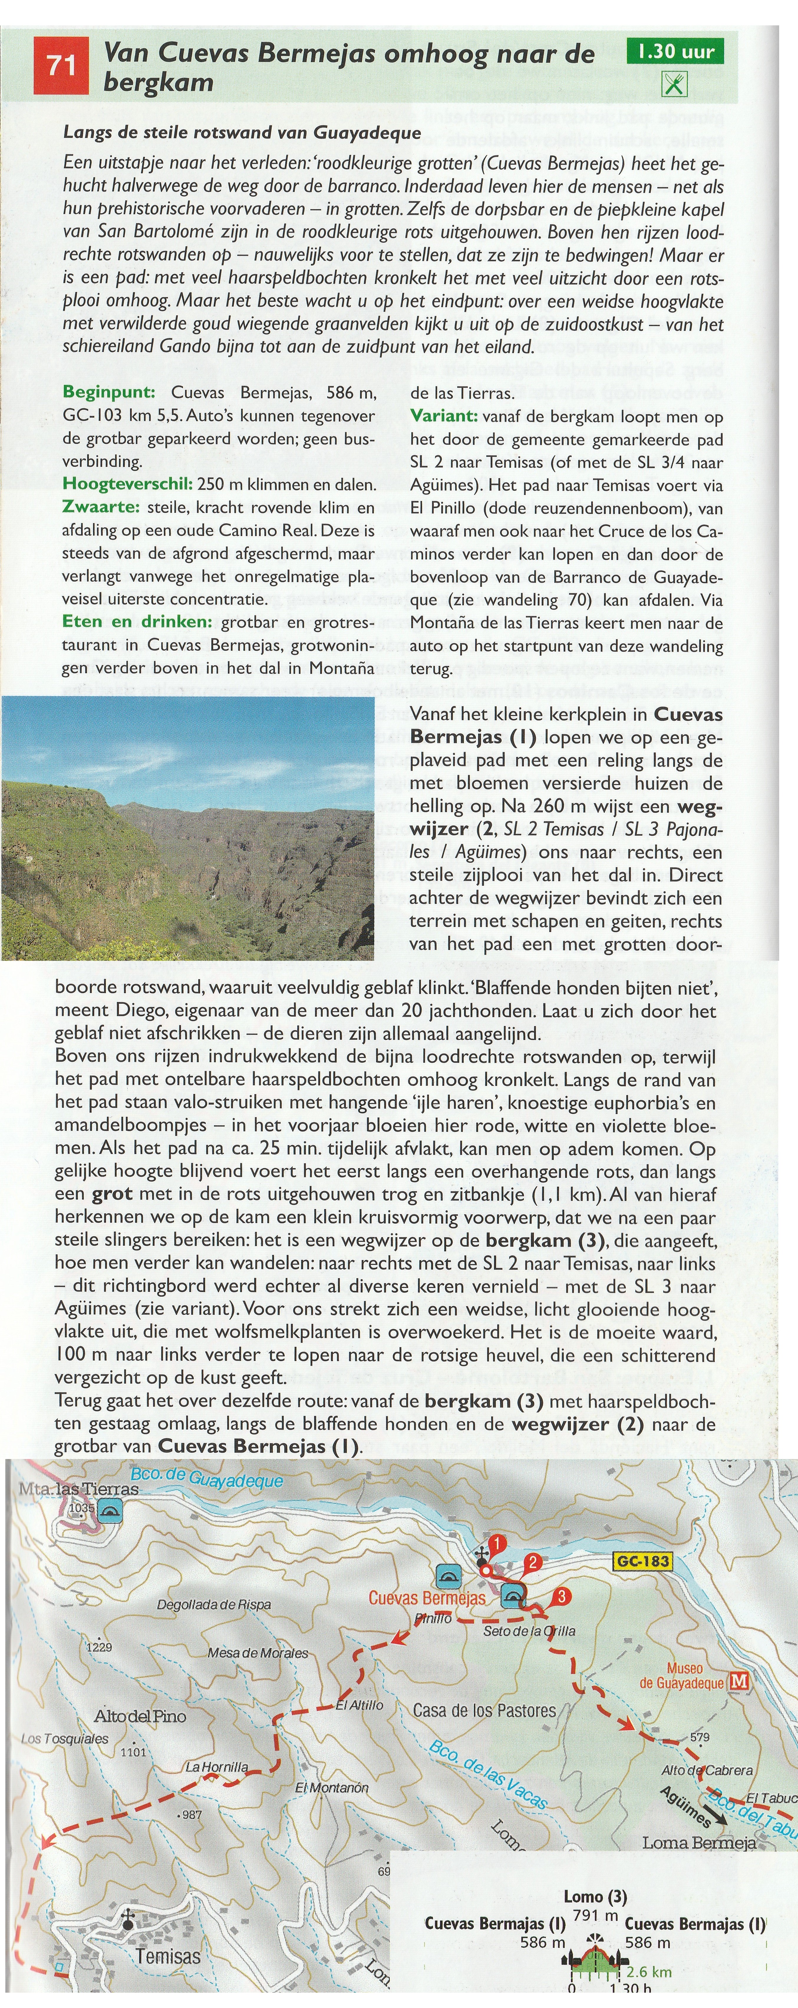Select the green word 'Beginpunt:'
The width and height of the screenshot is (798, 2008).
(109, 392)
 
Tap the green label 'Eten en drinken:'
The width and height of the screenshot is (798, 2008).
(137, 622)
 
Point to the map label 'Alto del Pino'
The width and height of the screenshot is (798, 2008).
(140, 1716)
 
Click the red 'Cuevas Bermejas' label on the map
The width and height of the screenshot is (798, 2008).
(427, 1597)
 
